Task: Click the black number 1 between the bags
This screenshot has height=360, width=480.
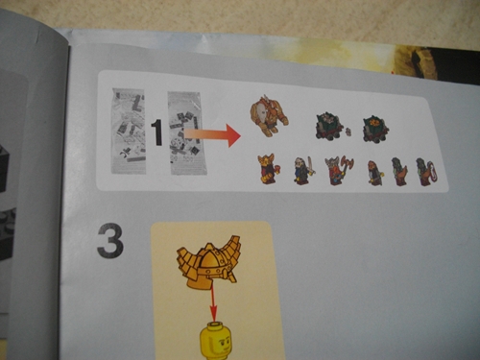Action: point(156,132)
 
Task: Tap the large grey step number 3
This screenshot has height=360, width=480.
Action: point(110,241)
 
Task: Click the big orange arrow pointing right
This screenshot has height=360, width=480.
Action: point(212,135)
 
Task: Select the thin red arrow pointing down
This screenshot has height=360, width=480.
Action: point(213,303)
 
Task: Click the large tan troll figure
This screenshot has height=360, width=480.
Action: point(269,115)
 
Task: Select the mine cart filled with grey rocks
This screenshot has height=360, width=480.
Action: point(328,126)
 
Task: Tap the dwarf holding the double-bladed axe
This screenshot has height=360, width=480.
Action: point(339,170)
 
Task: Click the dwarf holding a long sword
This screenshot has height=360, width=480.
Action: point(304,171)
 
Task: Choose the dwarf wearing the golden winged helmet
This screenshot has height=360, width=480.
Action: point(269,168)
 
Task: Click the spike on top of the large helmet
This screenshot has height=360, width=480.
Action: point(210,248)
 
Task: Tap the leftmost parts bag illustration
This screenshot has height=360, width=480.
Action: point(129,132)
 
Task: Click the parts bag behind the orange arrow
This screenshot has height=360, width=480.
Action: point(187,133)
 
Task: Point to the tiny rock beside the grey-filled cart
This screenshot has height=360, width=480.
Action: point(348,132)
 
